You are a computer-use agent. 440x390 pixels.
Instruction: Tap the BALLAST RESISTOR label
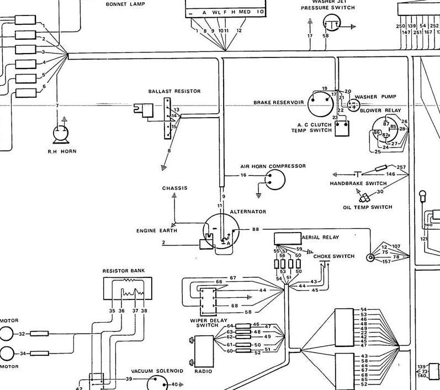[x=174, y=91]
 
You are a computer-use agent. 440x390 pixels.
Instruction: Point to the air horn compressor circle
[x=274, y=178]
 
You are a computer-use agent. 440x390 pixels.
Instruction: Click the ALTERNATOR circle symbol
[x=220, y=230]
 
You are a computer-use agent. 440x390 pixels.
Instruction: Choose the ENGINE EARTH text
[x=157, y=230]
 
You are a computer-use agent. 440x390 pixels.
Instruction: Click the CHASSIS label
[x=174, y=188]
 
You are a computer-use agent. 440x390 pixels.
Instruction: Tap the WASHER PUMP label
[x=375, y=97]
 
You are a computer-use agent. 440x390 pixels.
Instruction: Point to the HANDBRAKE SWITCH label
[x=358, y=183]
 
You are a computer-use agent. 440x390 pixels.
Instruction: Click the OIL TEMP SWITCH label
[x=367, y=207]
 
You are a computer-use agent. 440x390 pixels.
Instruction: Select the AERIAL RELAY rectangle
[x=287, y=238]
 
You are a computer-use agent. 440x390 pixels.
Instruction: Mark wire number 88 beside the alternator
[x=255, y=229]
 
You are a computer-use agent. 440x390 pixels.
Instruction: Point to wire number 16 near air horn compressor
[x=243, y=175]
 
